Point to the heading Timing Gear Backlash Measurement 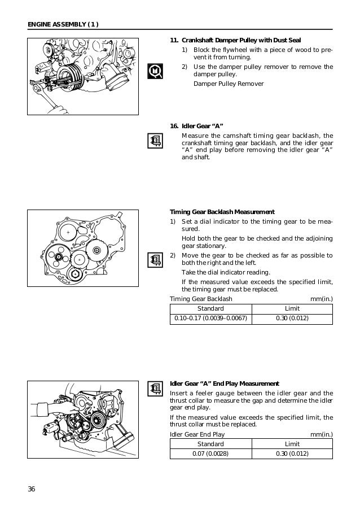tap(222, 212)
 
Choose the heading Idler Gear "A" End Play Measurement tap(225, 384)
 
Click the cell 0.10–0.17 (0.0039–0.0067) tap(210, 319)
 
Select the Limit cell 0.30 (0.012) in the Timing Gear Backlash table tap(292, 319)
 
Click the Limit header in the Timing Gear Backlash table tap(292, 308)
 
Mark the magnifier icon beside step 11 tap(154, 71)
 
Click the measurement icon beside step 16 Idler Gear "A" tap(154, 141)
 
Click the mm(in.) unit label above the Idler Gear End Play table tap(322, 434)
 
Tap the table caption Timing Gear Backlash tap(201, 299)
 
